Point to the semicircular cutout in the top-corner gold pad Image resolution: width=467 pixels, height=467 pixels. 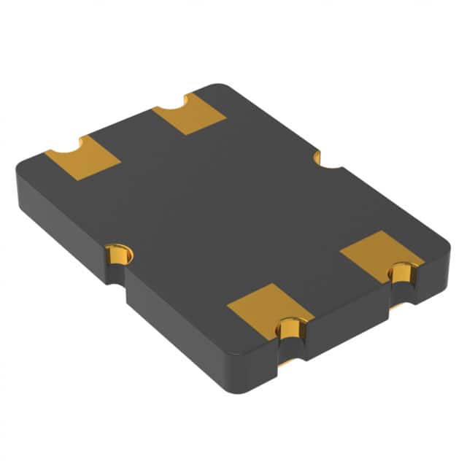tap(171, 109)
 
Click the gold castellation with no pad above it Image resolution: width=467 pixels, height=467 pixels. tap(118, 255)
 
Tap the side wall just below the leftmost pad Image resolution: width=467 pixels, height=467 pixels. tap(58, 219)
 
